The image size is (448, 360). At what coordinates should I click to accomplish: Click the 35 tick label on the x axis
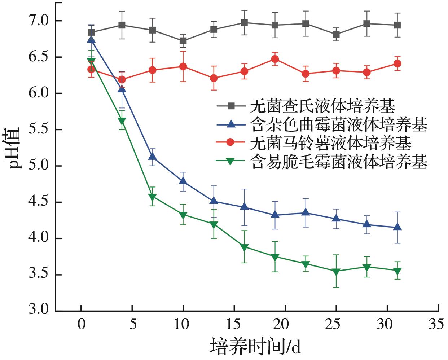[436, 324]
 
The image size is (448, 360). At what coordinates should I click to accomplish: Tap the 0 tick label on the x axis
[82, 324]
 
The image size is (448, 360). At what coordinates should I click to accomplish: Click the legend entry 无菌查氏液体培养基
[322, 106]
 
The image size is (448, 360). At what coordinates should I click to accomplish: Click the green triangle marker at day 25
[336, 272]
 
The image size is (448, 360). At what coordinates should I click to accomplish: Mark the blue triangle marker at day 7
[152, 157]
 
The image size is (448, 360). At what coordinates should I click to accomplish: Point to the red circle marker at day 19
[275, 59]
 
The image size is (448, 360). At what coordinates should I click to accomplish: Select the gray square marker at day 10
[183, 41]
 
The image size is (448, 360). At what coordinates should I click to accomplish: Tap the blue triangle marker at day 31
[397, 227]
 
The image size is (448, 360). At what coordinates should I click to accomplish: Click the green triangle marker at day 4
[122, 121]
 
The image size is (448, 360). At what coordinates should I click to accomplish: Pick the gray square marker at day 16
[244, 23]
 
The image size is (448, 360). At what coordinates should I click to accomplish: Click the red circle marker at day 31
[397, 64]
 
